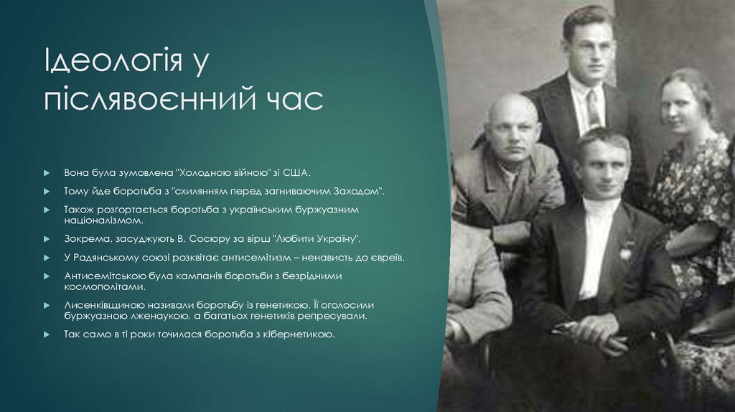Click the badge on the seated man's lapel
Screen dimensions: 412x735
coord(626,251)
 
